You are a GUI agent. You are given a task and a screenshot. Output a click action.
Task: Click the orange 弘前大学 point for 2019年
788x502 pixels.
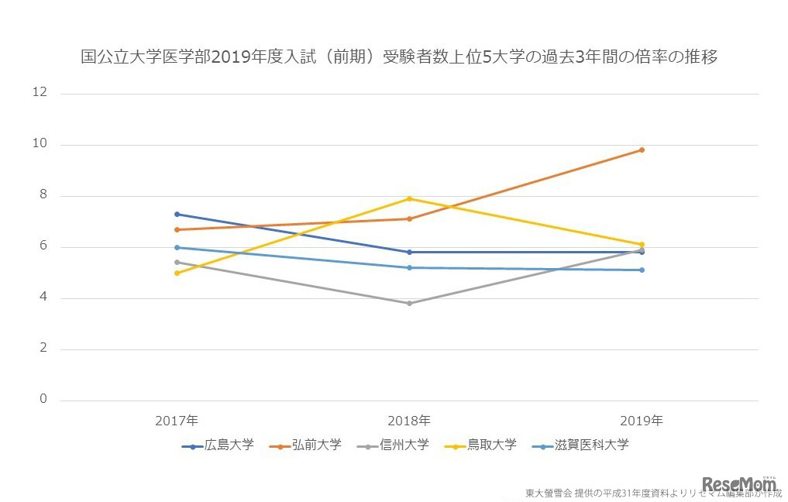click(x=642, y=150)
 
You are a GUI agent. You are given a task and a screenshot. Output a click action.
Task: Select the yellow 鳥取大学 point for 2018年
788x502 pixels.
click(x=409, y=198)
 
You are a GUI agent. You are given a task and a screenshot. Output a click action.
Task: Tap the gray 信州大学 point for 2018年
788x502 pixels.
click(x=409, y=303)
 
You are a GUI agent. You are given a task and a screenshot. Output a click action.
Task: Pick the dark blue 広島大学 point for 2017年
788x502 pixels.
click(x=177, y=214)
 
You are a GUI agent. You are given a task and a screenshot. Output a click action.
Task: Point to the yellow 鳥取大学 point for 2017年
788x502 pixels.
click(x=177, y=273)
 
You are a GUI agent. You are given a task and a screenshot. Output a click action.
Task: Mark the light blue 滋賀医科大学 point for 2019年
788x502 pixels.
click(x=642, y=270)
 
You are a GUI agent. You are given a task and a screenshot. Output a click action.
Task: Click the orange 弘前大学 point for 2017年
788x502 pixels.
click(x=177, y=229)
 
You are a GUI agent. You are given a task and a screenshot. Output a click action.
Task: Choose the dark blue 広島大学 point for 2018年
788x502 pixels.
click(x=409, y=252)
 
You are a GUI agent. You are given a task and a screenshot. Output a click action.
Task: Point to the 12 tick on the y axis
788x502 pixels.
click(x=39, y=93)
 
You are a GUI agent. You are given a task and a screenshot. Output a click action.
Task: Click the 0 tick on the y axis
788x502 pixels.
click(x=43, y=400)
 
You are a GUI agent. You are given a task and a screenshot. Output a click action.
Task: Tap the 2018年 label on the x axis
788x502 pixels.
click(x=409, y=421)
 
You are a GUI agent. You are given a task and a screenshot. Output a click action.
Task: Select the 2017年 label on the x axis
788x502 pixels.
click(x=177, y=421)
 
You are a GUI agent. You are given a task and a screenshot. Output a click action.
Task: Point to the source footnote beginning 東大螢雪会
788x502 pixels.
click(x=653, y=493)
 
